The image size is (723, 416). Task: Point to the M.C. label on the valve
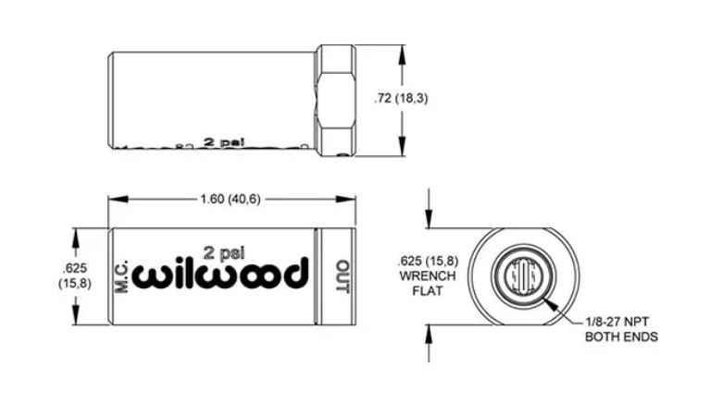coord(120,276)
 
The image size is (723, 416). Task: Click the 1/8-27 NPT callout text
coord(622,321)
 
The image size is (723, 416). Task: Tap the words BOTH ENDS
coord(622,336)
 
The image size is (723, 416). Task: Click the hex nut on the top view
coord(336,100)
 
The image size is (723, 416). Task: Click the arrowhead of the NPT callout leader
coord(549,300)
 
